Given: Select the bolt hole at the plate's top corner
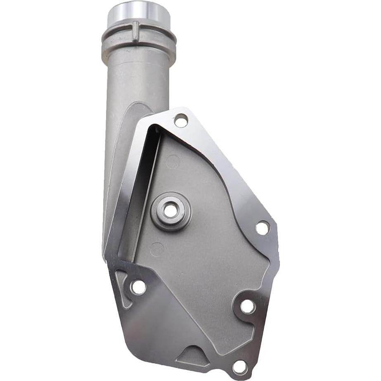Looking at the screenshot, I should tap(181, 121).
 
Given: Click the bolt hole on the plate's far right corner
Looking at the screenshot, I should tap(263, 227).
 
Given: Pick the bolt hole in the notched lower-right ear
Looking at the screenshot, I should tap(248, 306).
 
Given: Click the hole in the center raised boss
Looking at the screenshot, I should tap(170, 211).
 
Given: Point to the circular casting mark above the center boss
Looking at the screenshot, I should tap(173, 161).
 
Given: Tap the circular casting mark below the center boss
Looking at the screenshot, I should tap(157, 249).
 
